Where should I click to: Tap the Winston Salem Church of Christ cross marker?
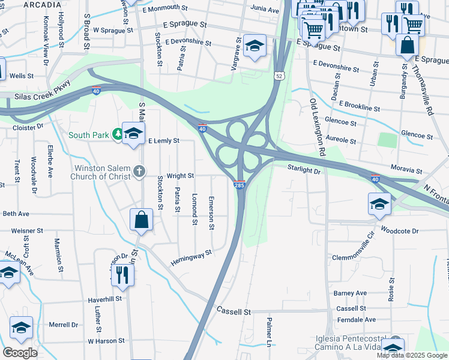pyautogui.click(x=139, y=172)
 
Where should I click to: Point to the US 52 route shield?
pyautogui.click(x=279, y=76)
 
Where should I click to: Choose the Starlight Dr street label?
pyautogui.click(x=304, y=170)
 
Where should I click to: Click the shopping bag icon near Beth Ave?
pyautogui.click(x=142, y=220)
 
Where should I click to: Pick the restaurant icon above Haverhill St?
pyautogui.click(x=123, y=275)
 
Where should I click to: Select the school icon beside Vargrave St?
pyautogui.click(x=255, y=46)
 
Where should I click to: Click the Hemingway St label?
pyautogui.click(x=191, y=254)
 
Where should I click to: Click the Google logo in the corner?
pyautogui.click(x=20, y=353)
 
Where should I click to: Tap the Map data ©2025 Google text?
pyautogui.click(x=412, y=355)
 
